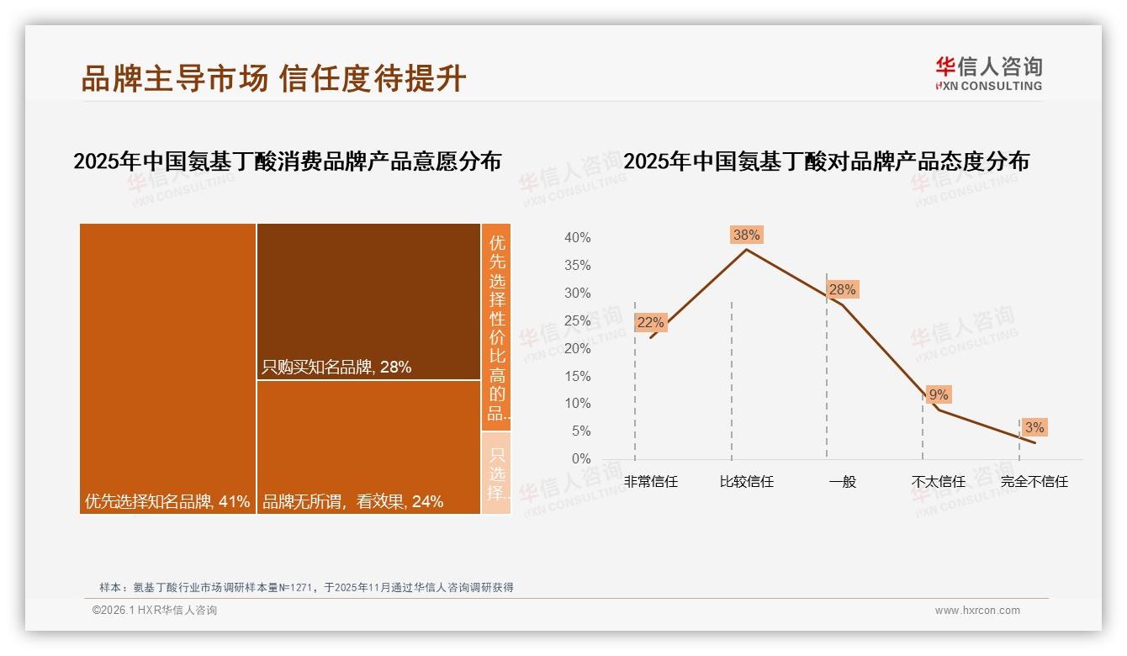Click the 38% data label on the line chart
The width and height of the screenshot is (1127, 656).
(746, 235)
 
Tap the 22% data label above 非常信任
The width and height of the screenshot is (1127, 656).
(650, 322)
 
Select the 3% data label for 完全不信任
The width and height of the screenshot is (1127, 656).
(1034, 427)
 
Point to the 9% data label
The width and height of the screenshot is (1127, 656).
(938, 394)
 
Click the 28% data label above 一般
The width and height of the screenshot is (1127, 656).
(842, 289)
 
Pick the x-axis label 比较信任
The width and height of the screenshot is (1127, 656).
(746, 482)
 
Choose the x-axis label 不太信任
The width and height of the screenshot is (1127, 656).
(938, 482)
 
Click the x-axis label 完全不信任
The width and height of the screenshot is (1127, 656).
(1034, 482)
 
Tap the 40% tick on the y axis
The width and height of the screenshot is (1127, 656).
(577, 238)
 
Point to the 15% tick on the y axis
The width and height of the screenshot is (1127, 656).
(577, 376)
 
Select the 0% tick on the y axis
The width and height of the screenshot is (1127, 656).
(580, 459)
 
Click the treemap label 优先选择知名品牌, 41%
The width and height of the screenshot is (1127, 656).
(167, 502)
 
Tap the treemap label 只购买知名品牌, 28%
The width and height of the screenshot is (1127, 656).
(336, 368)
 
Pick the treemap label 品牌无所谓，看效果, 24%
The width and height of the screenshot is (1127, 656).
(352, 502)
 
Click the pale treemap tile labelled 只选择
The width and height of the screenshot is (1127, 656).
(496, 473)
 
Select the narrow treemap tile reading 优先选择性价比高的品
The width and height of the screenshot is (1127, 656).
(496, 327)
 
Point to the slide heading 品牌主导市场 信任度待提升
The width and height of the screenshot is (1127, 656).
(273, 79)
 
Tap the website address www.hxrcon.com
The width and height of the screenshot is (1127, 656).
(977, 611)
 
